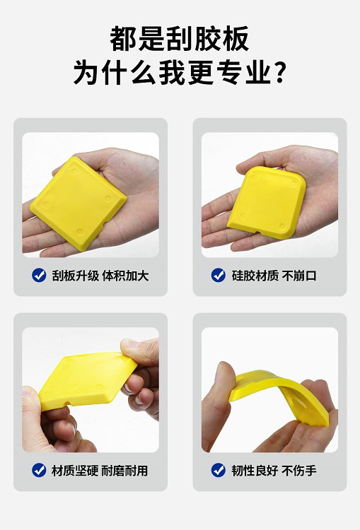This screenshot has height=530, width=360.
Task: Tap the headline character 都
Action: (123, 39)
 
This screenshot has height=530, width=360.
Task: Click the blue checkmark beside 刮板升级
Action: (39, 275)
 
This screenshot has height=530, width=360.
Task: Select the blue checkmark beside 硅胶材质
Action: (219, 275)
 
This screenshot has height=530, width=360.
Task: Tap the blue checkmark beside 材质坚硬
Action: (39, 470)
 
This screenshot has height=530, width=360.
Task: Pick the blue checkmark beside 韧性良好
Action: (219, 470)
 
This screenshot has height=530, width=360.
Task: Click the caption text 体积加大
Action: (125, 276)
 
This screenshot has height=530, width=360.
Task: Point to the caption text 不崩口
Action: (299, 276)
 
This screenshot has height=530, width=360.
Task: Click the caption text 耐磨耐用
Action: (124, 470)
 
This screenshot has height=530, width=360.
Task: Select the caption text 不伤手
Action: (299, 470)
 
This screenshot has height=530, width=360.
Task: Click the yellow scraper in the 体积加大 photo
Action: (79, 204)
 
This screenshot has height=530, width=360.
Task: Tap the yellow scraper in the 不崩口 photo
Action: (267, 203)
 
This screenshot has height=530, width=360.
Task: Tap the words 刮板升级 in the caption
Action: (76, 276)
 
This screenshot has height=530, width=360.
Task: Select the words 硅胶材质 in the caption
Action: (255, 276)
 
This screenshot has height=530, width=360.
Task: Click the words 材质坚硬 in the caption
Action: (75, 470)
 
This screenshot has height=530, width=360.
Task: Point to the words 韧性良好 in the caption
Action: (255, 470)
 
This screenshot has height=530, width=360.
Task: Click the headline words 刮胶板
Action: (207, 39)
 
